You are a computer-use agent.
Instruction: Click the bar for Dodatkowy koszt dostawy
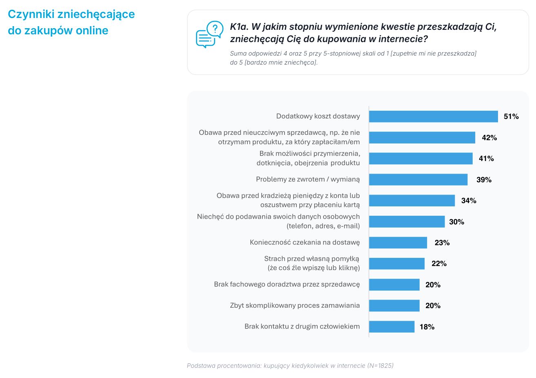coord(434,116)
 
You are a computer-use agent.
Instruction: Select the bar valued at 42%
coord(422,137)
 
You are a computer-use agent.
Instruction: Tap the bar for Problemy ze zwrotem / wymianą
coord(418,179)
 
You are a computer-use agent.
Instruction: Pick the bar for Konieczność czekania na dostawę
coord(398,243)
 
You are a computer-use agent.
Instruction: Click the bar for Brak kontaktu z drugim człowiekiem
coord(392,327)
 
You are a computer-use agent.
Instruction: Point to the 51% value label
coord(511,116)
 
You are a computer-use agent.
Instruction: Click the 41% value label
coord(486,158)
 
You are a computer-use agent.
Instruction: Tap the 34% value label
coord(469,201)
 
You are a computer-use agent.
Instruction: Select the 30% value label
coord(456,222)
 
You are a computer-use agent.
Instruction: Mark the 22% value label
coord(439,264)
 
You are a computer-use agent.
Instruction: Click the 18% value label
coord(427,327)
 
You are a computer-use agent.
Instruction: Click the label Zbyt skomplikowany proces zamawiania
coord(295,305)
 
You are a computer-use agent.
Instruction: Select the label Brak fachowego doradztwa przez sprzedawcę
coord(287,284)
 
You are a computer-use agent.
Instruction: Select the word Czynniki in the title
coord(31,14)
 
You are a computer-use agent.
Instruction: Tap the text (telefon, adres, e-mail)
coord(323,226)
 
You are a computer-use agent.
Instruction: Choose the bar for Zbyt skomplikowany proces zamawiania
coord(394,306)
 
